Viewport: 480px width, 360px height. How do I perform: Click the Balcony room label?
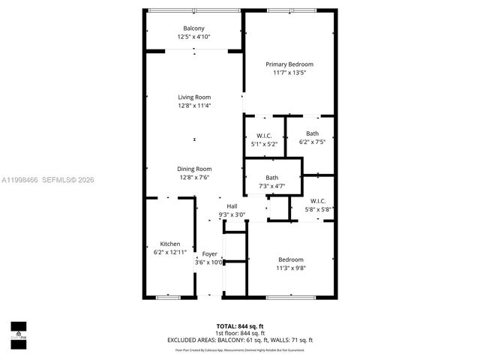tap(193, 28)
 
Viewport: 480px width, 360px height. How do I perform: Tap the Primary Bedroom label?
tap(289, 64)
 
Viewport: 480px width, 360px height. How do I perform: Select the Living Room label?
tap(194, 97)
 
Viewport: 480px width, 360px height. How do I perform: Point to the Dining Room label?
tap(194, 169)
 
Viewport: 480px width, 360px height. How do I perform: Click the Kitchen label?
tap(169, 244)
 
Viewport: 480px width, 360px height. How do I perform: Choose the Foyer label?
tap(210, 254)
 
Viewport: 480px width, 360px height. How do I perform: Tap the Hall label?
tap(232, 206)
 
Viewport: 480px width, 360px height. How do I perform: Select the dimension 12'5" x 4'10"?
tap(193, 37)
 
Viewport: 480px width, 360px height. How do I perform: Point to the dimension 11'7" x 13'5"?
tap(289, 73)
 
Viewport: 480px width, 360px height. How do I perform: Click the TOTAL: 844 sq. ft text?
tap(239, 326)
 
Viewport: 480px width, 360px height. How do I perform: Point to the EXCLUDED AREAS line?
tap(240, 340)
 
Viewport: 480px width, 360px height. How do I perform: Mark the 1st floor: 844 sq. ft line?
tap(240, 333)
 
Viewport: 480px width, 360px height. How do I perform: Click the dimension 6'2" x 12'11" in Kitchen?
tap(169, 253)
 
